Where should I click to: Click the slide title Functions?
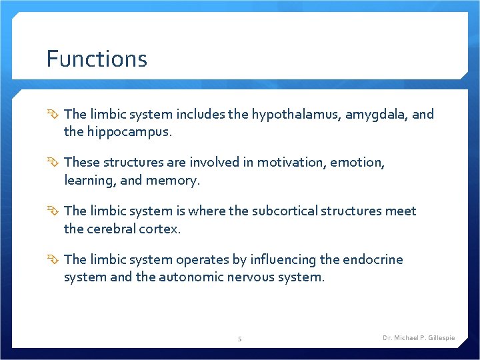point(97,59)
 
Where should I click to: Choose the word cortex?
point(161,229)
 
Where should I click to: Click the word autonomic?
point(190,277)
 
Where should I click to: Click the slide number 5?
point(240,338)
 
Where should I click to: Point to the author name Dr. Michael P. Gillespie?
point(419,338)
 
